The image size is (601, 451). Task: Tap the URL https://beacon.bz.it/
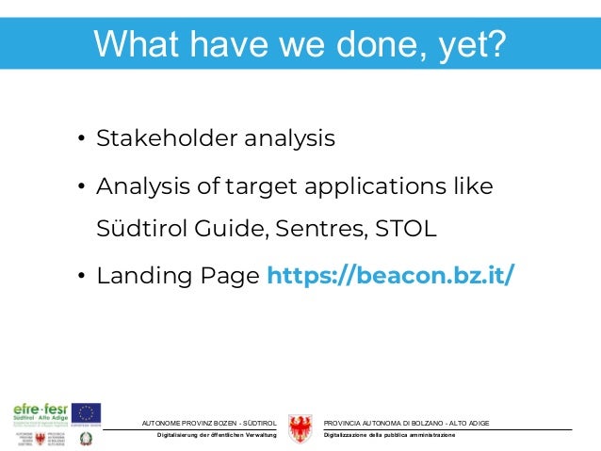(391, 277)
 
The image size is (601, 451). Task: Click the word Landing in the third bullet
(138, 277)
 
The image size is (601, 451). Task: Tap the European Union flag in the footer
(88, 412)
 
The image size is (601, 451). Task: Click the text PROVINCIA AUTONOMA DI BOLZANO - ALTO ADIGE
(406, 420)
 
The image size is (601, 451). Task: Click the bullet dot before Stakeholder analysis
(82, 141)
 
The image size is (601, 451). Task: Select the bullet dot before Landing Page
(82, 278)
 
